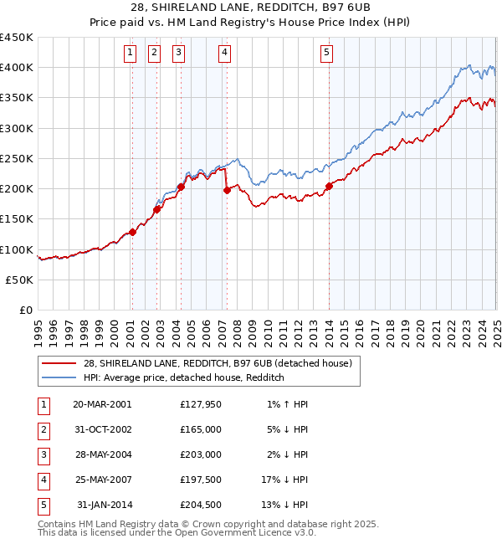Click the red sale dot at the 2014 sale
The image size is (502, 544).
click(x=329, y=186)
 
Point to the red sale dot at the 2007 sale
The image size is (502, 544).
click(x=227, y=191)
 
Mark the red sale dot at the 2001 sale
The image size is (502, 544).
click(x=132, y=233)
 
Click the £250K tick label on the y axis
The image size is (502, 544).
click(x=17, y=158)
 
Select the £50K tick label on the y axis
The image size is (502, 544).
click(x=20, y=280)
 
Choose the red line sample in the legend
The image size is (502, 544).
click(x=59, y=363)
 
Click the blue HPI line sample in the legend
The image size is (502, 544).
click(x=59, y=377)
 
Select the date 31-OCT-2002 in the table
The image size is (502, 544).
click(x=102, y=429)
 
